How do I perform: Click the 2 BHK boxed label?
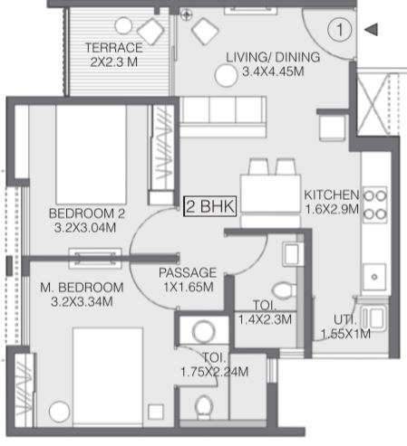(210, 206)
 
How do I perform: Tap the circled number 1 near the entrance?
(340, 30)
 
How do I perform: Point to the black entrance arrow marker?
(371, 30)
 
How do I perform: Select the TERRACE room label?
(114, 48)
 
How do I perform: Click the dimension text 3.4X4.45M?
(273, 71)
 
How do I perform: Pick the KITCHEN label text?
(332, 195)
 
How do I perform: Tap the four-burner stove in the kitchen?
(375, 204)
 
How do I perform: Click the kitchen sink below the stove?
(374, 277)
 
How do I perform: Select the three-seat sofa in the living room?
(223, 117)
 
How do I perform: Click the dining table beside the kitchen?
(270, 193)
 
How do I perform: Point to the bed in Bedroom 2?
(91, 155)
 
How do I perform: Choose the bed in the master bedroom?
(108, 377)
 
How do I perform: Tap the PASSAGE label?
(188, 272)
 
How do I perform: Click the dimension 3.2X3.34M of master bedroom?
(82, 301)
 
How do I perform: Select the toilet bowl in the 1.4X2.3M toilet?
(284, 290)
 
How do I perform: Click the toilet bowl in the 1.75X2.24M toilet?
(203, 407)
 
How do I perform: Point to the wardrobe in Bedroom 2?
(161, 155)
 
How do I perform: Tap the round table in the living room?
(226, 76)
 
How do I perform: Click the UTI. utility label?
(344, 320)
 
